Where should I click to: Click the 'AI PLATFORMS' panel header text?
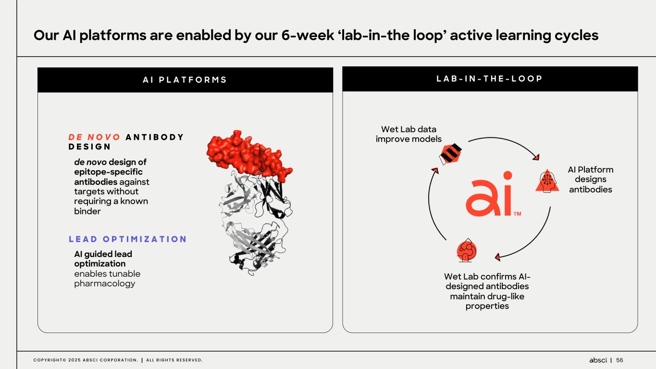185,80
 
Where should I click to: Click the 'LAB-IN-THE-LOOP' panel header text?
490,78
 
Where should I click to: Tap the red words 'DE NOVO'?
94,137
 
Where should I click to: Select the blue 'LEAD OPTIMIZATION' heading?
128,239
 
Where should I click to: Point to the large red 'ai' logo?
489,194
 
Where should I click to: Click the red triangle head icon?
547,181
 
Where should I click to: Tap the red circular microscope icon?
467,250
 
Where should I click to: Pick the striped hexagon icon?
450,154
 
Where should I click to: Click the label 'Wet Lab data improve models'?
408,134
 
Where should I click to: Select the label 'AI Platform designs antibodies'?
590,179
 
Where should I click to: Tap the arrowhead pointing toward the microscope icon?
497,257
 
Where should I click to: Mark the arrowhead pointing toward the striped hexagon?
435,171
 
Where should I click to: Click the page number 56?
619,360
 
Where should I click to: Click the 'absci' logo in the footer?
598,360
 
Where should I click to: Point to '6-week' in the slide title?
308,35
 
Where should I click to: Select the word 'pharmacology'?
105,284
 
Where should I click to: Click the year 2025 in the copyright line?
74,360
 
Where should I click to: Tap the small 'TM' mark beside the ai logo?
517,214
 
